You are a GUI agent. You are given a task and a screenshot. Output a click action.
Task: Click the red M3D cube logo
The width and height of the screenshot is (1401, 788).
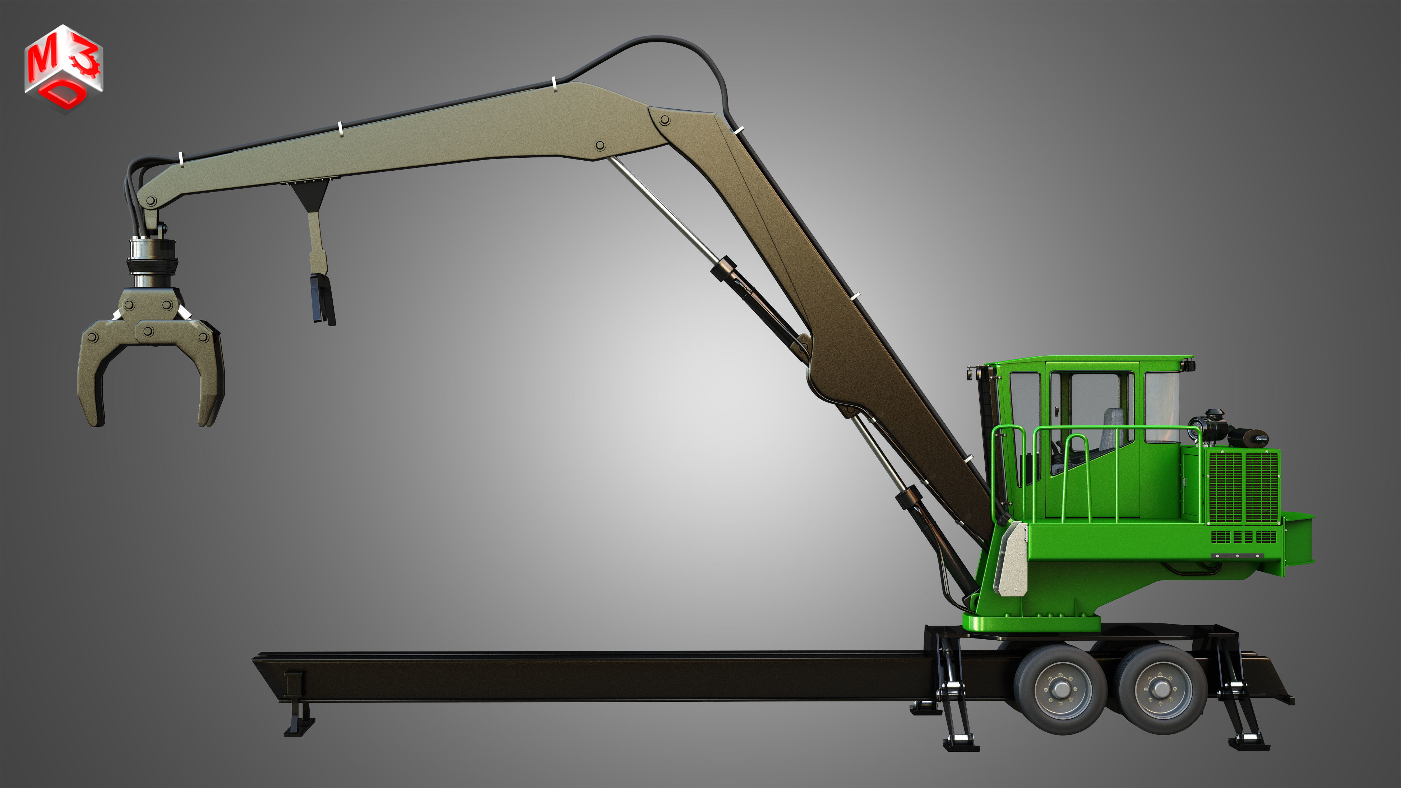coord(63,68)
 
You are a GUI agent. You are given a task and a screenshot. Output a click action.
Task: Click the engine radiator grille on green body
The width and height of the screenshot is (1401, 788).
coord(1242,487)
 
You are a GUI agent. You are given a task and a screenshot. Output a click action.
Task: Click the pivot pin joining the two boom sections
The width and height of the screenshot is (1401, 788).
coord(664,120)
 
